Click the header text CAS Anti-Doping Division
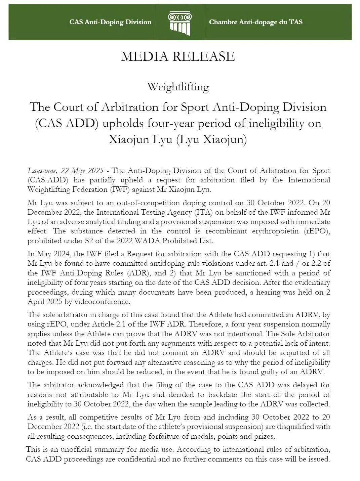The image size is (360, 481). pyautogui.click(x=110, y=22)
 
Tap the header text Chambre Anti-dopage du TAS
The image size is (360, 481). pyautogui.click(x=255, y=22)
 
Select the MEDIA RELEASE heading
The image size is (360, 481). pyautogui.click(x=177, y=56)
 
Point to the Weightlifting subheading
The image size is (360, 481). pyautogui.click(x=178, y=87)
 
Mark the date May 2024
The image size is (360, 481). pyautogui.click(x=49, y=254)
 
